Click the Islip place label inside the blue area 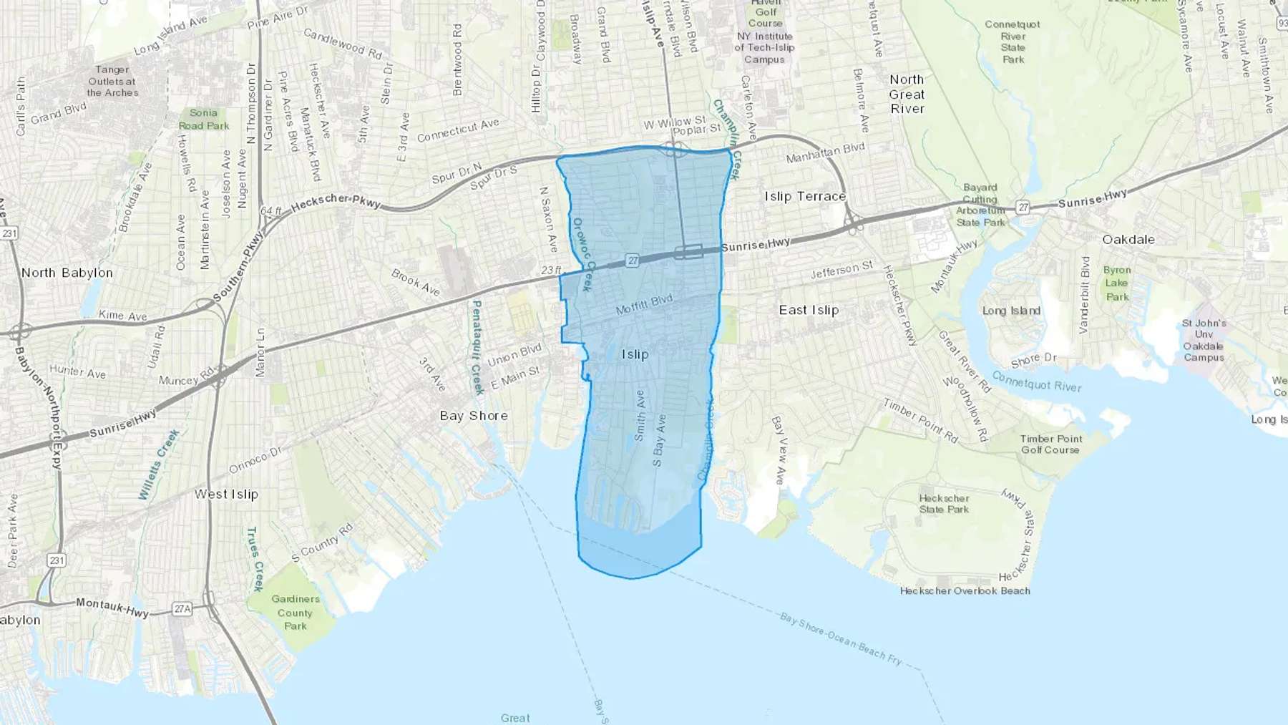(x=635, y=354)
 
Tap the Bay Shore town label (x=474, y=416)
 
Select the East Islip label (x=809, y=310)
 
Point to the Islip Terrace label (x=805, y=196)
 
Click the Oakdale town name (x=1128, y=239)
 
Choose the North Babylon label (x=67, y=273)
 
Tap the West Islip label (x=226, y=494)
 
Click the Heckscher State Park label (x=944, y=504)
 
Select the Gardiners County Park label (x=295, y=612)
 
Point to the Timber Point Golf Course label (x=1050, y=444)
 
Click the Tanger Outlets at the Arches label (x=112, y=81)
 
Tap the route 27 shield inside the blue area (x=633, y=261)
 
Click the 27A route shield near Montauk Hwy (x=182, y=609)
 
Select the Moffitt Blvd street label (x=644, y=305)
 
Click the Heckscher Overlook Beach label (x=965, y=590)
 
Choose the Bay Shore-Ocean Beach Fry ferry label (x=841, y=638)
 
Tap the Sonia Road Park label (x=204, y=119)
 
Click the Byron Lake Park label (x=1117, y=283)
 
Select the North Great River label (x=907, y=94)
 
